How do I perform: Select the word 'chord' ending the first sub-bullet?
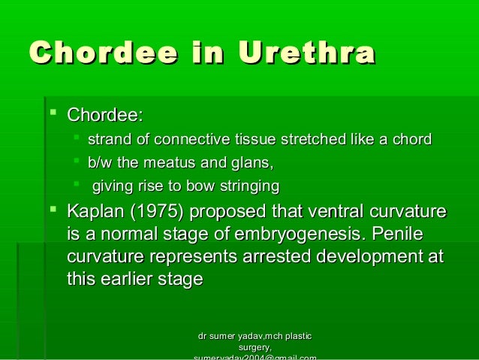coord(413,140)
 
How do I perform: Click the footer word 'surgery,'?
coord(255,347)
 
